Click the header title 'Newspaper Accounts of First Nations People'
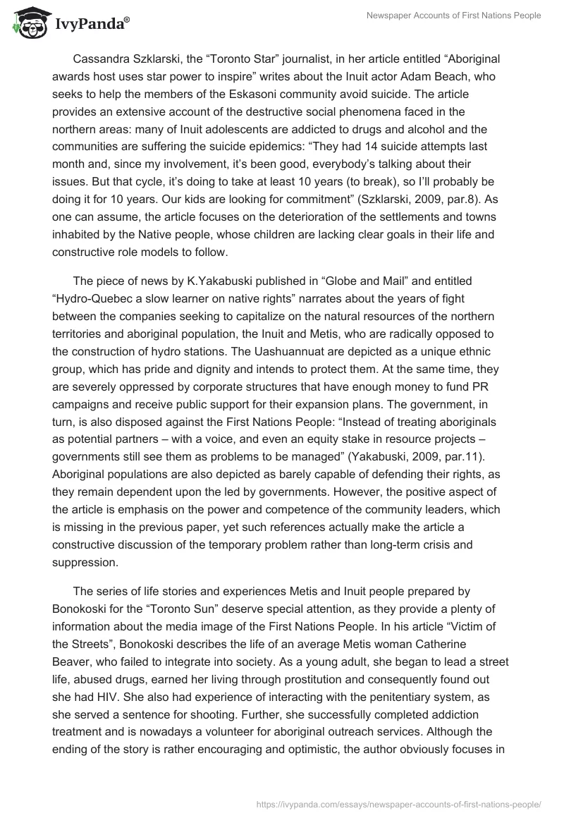click(453, 16)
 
